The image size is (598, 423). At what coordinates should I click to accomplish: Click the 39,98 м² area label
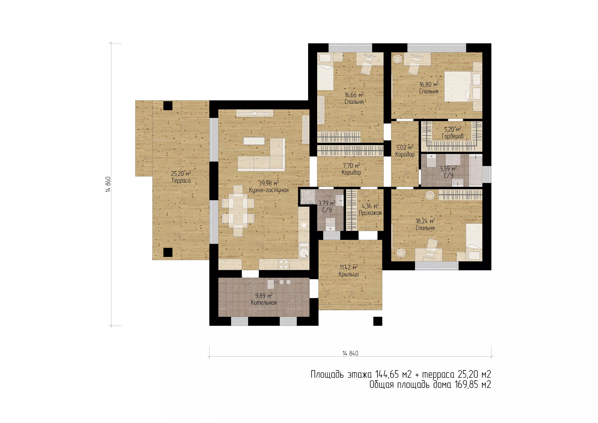[268, 183]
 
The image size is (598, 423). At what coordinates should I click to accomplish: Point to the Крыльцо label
[349, 274]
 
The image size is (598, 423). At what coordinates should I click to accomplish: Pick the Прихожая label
[370, 213]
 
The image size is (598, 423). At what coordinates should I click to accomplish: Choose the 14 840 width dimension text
[350, 353]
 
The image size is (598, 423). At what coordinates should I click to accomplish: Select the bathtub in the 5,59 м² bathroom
[476, 170]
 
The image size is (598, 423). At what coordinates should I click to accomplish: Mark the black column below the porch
[378, 321]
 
